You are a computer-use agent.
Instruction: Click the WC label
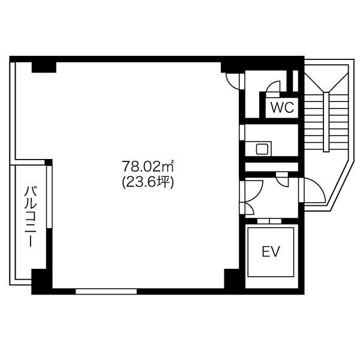[282, 107]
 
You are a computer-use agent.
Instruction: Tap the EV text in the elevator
[271, 251]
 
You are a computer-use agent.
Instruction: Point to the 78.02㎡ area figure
[148, 166]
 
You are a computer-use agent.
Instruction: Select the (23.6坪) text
[148, 182]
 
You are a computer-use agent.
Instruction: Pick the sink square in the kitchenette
[262, 149]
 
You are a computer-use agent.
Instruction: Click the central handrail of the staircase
[326, 122]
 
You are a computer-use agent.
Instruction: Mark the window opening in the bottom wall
[106, 292]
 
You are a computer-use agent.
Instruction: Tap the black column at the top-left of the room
[44, 67]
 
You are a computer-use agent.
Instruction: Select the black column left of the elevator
[232, 278]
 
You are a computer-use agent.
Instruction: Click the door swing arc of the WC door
[274, 87]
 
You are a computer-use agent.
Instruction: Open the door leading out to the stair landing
[312, 191]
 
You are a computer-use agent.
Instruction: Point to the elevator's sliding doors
[269, 221]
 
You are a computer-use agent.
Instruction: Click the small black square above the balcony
[49, 163]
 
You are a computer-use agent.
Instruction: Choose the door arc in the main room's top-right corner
[232, 81]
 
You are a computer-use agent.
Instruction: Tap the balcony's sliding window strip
[49, 197]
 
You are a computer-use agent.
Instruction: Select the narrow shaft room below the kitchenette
[272, 167]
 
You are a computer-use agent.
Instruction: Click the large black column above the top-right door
[232, 67]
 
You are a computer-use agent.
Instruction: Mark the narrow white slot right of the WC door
[295, 80]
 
